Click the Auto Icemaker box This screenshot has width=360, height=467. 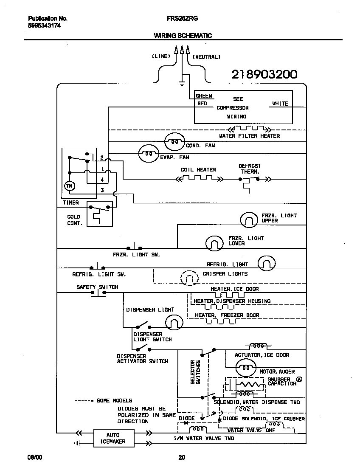(x=113, y=438)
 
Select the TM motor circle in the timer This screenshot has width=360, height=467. (x=68, y=186)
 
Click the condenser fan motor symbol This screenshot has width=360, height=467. (x=175, y=142)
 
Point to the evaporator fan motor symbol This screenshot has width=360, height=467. (x=148, y=155)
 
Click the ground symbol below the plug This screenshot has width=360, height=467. (x=182, y=82)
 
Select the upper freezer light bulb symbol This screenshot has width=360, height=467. (x=249, y=219)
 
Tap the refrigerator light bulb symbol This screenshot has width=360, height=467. (x=267, y=264)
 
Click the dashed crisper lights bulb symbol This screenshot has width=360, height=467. (x=189, y=278)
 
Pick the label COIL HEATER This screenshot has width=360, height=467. (x=198, y=170)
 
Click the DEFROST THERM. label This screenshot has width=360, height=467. (x=250, y=169)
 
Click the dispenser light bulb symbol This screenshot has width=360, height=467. (x=173, y=324)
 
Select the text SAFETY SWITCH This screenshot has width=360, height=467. (x=97, y=287)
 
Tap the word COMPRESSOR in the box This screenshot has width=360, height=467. (x=232, y=108)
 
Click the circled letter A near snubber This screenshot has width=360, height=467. (x=299, y=380)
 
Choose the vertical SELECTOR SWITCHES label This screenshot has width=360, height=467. (x=195, y=372)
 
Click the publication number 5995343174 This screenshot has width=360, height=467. (x=44, y=25)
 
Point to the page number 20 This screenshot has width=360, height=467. (x=181, y=457)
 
